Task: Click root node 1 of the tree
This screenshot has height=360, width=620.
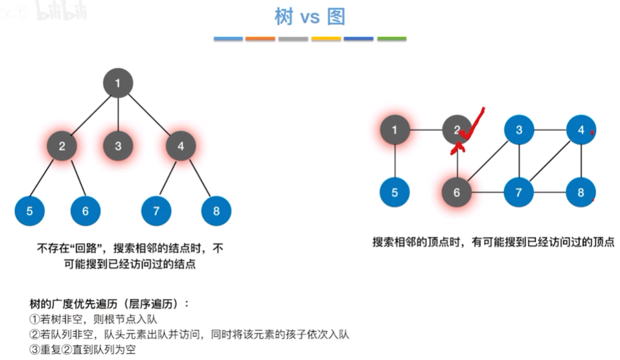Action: click(x=118, y=83)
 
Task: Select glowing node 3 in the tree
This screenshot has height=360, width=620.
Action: click(x=118, y=146)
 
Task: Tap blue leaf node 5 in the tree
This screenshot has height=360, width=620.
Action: click(x=30, y=210)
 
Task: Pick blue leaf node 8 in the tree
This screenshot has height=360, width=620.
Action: click(x=216, y=210)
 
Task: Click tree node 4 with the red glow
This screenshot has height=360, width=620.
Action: click(x=181, y=146)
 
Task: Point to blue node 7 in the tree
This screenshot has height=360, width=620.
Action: click(x=156, y=210)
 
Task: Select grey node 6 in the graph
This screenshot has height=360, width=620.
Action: click(x=457, y=192)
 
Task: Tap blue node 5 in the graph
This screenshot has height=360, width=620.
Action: click(x=395, y=192)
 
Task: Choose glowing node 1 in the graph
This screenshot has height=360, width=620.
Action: click(x=395, y=130)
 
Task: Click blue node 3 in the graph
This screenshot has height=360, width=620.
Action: click(x=519, y=130)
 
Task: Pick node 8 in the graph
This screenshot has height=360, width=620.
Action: click(x=581, y=192)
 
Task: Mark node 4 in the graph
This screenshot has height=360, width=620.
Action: click(x=581, y=130)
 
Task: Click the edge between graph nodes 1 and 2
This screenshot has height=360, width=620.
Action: click(x=426, y=130)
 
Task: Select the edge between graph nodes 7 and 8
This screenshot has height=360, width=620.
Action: click(x=550, y=192)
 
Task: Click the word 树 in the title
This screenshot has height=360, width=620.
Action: click(x=284, y=17)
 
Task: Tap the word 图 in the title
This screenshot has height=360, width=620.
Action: click(x=336, y=17)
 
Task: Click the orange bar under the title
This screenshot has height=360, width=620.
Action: click(x=261, y=39)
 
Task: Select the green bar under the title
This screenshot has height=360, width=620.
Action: click(x=391, y=39)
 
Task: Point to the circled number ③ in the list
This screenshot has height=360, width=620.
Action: click(x=35, y=349)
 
